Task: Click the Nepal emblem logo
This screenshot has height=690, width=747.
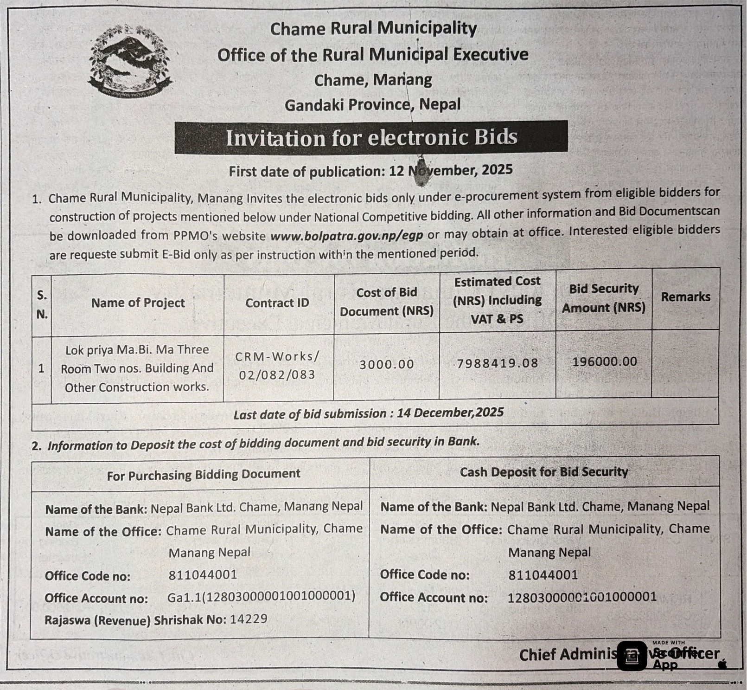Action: [x=130, y=60]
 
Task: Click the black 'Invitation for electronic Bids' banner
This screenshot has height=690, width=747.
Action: [x=371, y=137]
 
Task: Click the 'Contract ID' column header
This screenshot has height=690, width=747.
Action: [x=277, y=303]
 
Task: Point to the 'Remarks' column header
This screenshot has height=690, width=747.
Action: [x=685, y=297]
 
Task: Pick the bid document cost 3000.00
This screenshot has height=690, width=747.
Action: [x=386, y=364]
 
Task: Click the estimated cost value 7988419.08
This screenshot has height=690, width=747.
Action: [x=497, y=363]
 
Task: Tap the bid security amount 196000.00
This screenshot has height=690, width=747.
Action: [x=604, y=361]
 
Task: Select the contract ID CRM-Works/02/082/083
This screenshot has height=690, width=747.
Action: [x=277, y=366]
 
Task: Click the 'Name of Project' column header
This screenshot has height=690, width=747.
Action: [x=138, y=303]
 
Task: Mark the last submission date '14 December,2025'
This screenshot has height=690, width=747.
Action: [x=450, y=413]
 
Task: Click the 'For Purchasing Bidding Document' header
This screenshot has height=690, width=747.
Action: [x=204, y=474]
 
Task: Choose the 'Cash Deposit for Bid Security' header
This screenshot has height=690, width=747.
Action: [x=543, y=472]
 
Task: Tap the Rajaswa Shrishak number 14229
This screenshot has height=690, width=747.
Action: [x=249, y=619]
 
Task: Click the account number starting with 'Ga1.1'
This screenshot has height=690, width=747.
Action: [x=261, y=596]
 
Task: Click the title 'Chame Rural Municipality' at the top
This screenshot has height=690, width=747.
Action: [x=373, y=29]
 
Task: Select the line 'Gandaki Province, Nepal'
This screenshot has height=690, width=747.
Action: [x=372, y=105]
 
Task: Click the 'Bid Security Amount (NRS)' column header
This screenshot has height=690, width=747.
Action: [x=604, y=298]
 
